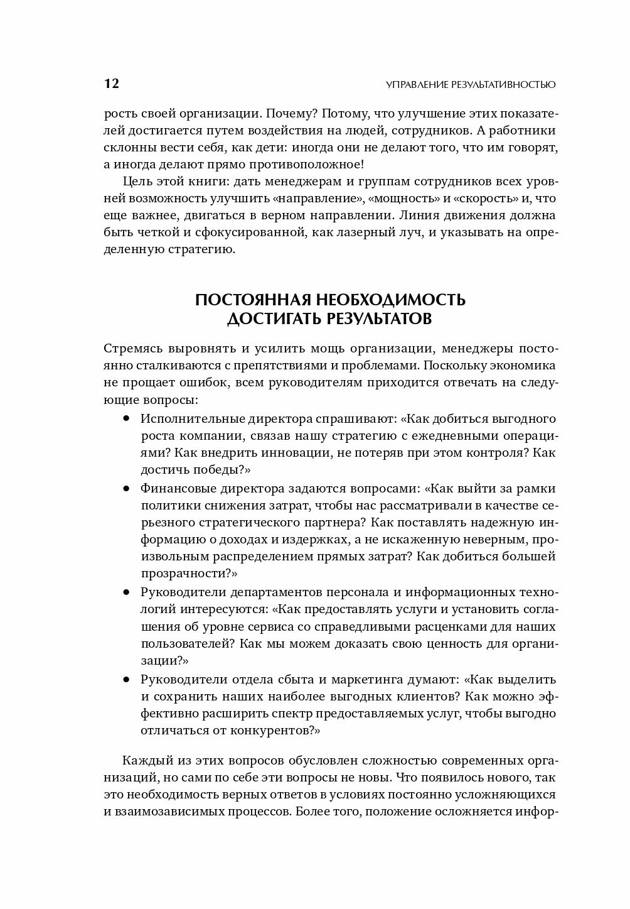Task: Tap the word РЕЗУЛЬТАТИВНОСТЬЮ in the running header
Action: (x=498, y=85)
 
